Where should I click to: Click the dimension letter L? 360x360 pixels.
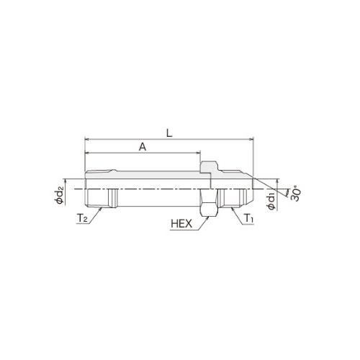click(x=169, y=133)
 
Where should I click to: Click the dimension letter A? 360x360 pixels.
click(x=143, y=146)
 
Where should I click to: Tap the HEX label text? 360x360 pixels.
click(x=181, y=224)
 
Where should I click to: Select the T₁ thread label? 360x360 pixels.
click(x=249, y=218)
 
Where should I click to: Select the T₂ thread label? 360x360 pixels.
click(x=82, y=218)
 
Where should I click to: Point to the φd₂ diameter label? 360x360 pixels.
click(x=60, y=197)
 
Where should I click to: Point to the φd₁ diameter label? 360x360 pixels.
click(x=272, y=202)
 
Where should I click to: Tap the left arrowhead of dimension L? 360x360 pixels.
click(x=87, y=139)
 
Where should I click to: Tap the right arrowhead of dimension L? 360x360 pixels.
click(x=251, y=139)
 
